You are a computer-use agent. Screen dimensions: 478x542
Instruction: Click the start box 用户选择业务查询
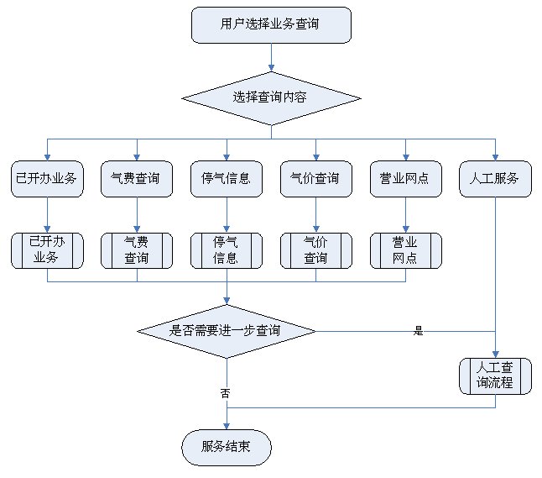(270, 24)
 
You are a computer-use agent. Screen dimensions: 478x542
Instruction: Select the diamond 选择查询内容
(270, 97)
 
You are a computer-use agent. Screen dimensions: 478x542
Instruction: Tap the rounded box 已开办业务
(47, 179)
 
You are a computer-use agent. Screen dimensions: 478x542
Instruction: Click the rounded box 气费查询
(137, 179)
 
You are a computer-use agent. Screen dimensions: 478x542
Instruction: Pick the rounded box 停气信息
(227, 179)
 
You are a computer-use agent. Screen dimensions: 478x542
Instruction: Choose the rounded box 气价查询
(316, 179)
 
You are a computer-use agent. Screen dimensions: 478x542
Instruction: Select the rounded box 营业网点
(406, 179)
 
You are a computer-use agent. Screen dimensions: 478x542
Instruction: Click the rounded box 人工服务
(496, 179)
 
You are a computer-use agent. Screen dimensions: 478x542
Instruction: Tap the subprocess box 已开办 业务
(47, 250)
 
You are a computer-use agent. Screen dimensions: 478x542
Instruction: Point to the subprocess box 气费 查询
(137, 250)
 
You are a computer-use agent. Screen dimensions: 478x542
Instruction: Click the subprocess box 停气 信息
(227, 250)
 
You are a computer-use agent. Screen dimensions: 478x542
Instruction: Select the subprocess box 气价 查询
(316, 250)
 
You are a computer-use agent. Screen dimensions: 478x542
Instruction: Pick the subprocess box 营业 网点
(406, 250)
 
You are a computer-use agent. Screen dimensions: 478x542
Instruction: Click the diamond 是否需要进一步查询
(227, 331)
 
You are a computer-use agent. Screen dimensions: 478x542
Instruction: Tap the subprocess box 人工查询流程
(496, 376)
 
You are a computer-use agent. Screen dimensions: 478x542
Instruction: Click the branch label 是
(418, 331)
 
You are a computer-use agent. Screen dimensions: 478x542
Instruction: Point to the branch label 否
(225, 392)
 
